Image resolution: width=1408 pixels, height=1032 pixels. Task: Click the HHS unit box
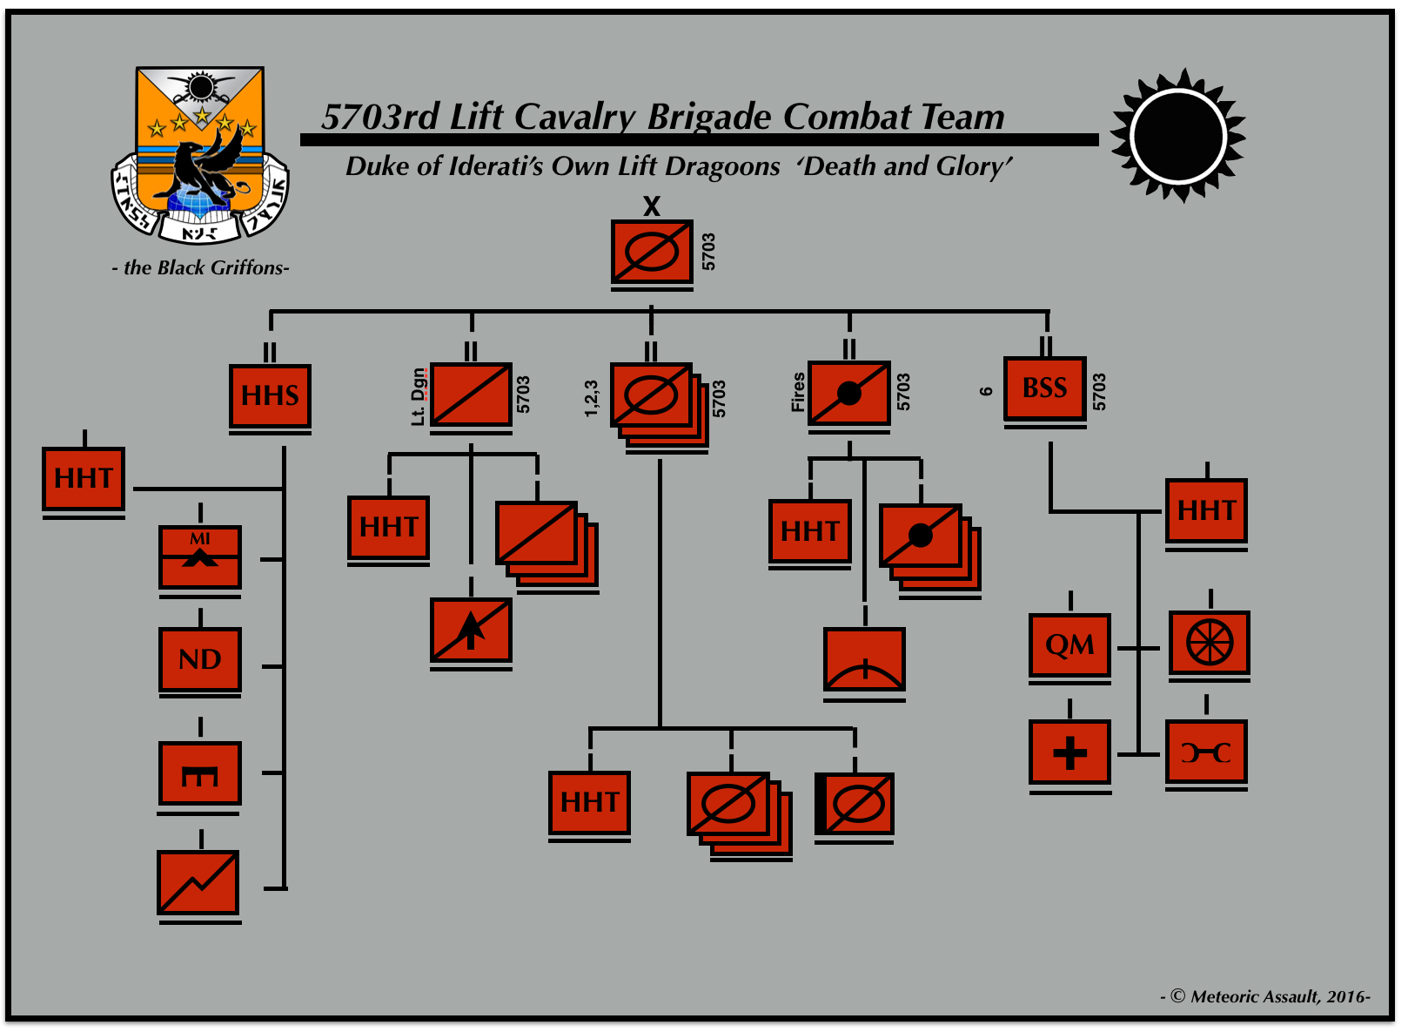(x=270, y=396)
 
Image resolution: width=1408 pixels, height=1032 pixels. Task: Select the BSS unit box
(x=1044, y=388)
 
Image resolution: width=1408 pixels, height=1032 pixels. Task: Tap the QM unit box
(x=1069, y=645)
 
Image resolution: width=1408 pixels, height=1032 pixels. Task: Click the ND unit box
(x=199, y=659)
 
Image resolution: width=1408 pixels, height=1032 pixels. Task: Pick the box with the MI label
(x=199, y=556)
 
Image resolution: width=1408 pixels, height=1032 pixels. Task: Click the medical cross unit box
(x=1069, y=752)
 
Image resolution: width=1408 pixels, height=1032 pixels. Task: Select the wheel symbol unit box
(x=1209, y=644)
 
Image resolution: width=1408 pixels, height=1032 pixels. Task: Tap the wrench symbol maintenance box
(x=1205, y=752)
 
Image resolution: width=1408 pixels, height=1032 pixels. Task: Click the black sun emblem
(x=1178, y=136)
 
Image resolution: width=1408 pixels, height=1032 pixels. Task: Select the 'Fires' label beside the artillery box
(x=798, y=392)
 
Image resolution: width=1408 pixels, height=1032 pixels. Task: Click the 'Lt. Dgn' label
(x=419, y=396)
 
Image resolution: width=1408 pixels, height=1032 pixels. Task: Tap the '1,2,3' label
(x=592, y=398)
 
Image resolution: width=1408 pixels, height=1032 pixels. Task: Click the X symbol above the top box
(x=652, y=206)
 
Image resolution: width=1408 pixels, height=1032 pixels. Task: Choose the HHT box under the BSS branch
(x=1206, y=510)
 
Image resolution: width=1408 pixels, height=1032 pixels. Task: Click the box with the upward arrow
(x=471, y=630)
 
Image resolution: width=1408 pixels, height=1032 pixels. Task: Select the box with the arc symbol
(x=864, y=659)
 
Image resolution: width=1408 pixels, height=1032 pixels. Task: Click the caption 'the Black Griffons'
(x=201, y=267)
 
